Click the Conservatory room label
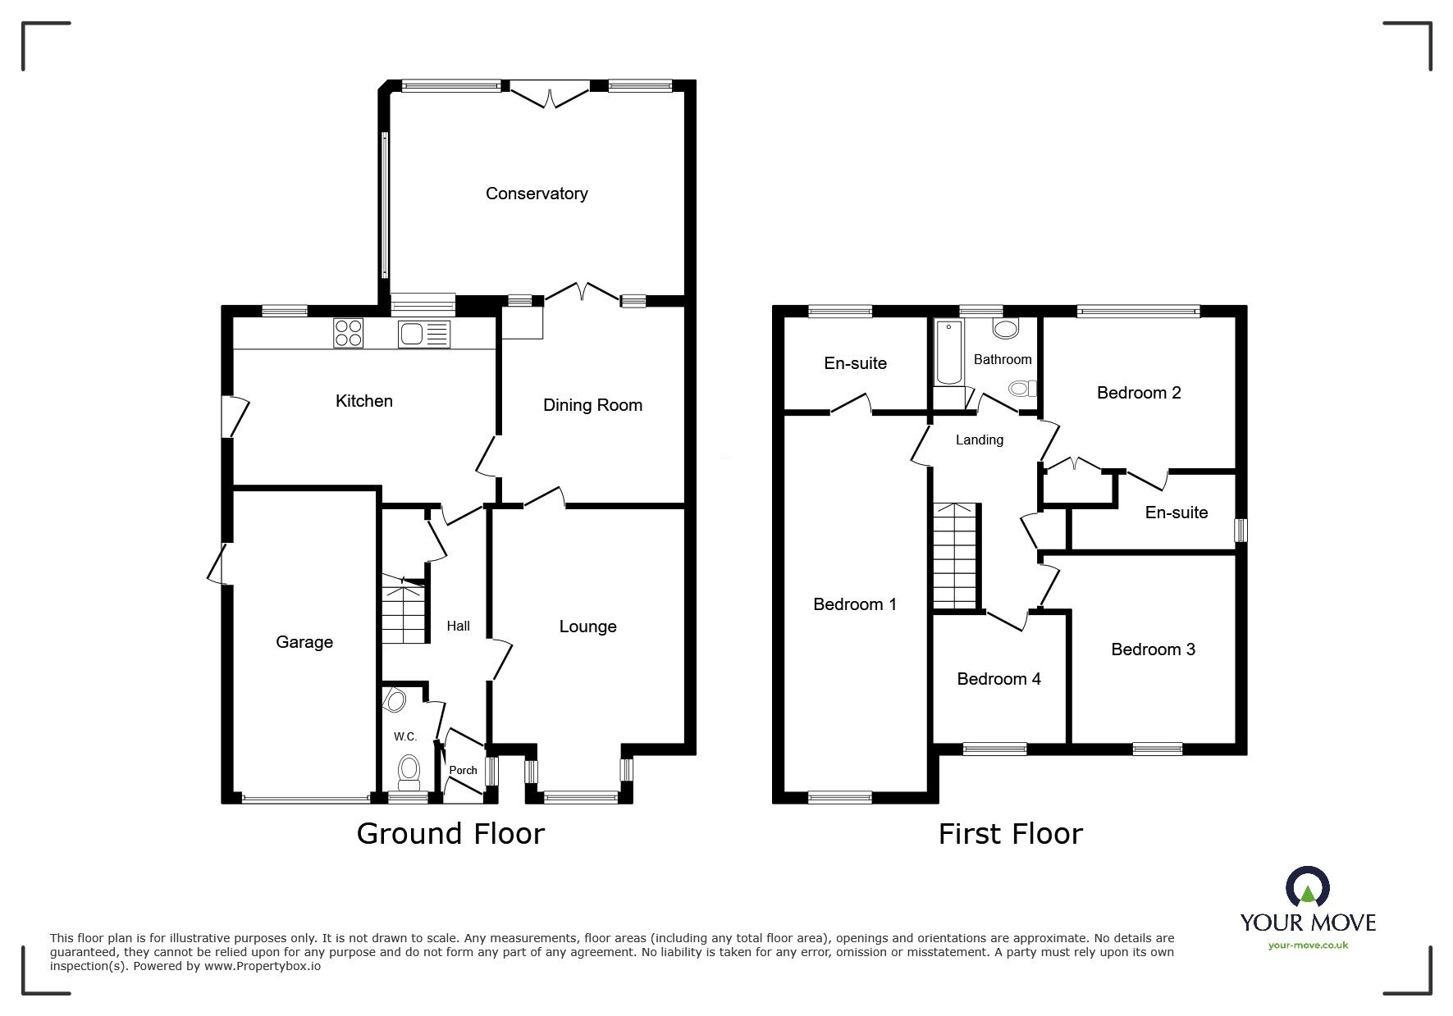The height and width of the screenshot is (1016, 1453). pos(537,194)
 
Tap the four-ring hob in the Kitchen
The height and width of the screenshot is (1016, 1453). pos(349,333)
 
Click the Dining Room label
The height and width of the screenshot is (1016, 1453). pos(592,405)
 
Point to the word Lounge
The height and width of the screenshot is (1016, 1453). pos(587,626)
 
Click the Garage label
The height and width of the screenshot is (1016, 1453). pos(304,642)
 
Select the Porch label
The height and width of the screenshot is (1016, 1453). pos(463,770)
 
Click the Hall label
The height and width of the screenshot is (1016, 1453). pos(458,626)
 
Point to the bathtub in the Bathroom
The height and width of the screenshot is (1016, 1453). pos(948,353)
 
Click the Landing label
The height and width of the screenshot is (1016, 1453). pos(979,440)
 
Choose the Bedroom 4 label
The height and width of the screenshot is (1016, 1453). pos(998,679)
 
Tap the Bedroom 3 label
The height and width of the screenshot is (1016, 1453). pos(1153,649)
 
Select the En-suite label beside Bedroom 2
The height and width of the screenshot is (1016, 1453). pos(1176,513)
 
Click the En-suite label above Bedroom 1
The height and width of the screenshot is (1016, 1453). pos(855,363)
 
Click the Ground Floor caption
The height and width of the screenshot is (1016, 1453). pos(450,834)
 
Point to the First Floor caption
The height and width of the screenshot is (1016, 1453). pos(1010,834)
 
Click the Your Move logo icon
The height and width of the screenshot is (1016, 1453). pos(1307,888)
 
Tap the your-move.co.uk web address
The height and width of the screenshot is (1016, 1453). pos(1308,945)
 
